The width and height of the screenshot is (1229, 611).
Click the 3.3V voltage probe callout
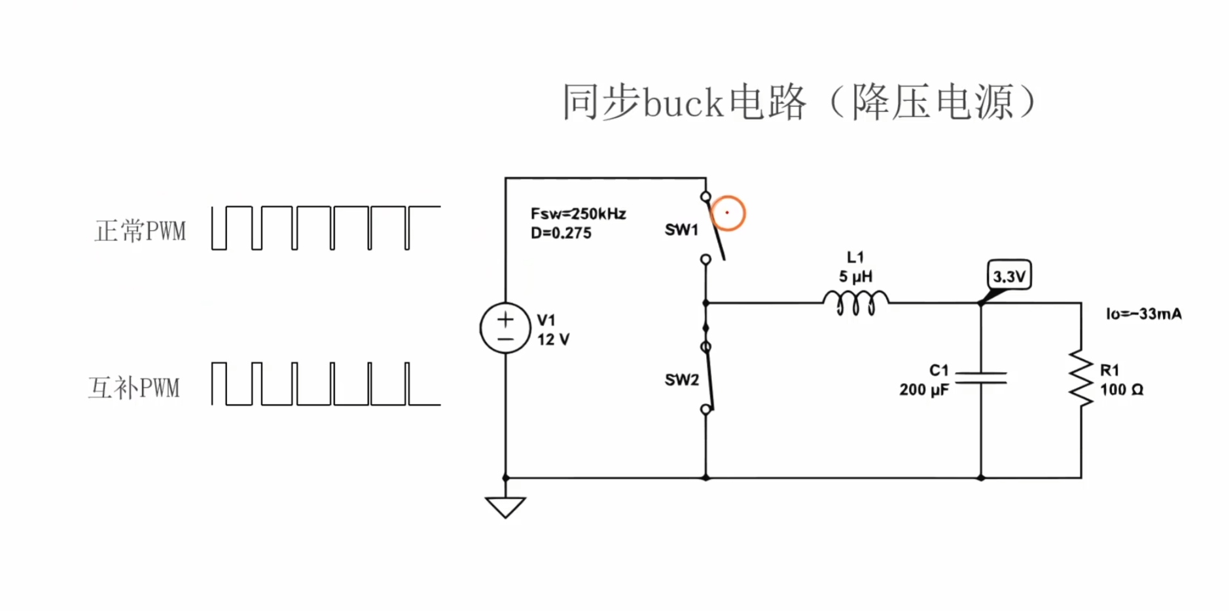tap(1009, 276)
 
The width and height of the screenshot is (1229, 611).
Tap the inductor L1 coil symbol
tap(855, 303)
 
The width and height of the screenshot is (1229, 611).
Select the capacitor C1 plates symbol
tap(981, 377)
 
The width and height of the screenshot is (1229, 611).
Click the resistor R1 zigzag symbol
tap(1081, 379)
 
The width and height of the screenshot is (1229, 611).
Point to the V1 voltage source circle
tap(505, 328)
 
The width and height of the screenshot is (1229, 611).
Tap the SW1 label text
tap(681, 230)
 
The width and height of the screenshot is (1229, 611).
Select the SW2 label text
tap(681, 380)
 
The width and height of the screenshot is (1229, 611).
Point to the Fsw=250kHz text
tap(579, 213)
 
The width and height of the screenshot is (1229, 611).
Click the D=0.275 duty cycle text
tap(561, 233)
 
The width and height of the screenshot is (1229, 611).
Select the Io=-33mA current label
tap(1144, 314)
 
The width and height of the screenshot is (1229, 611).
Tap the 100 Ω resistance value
tap(1122, 390)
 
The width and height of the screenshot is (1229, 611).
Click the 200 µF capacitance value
tap(924, 390)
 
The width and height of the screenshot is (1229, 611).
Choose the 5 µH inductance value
tap(855, 276)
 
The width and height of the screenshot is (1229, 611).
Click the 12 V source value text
tap(553, 339)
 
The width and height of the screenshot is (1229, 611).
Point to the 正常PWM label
tap(140, 231)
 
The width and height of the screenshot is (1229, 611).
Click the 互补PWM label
tap(134, 388)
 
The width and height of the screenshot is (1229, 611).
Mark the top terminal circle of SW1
tap(705, 196)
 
